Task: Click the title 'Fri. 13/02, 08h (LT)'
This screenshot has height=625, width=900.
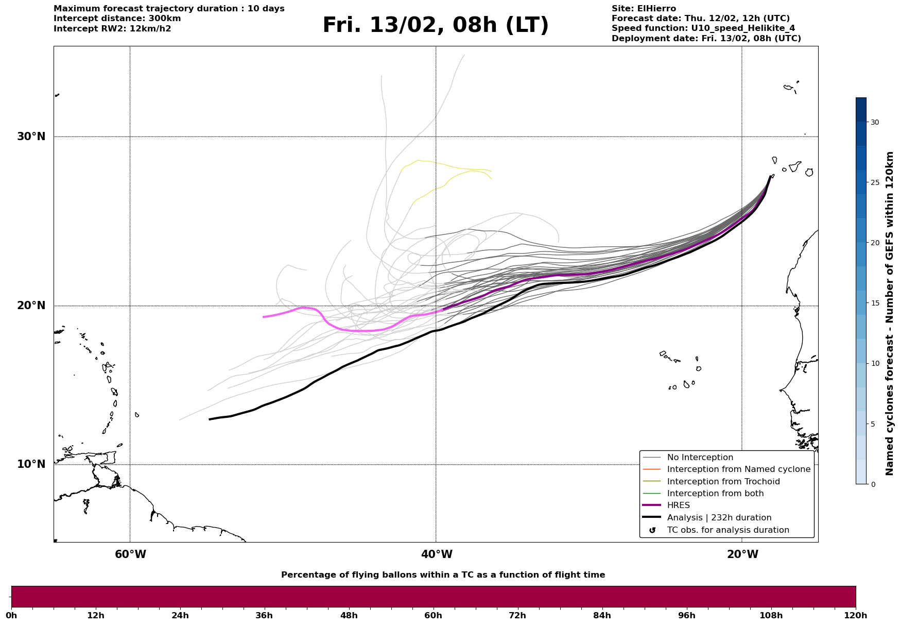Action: tap(436, 25)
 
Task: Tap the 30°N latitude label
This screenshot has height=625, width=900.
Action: tap(31, 137)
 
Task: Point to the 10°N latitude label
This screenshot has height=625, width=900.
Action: tap(31, 464)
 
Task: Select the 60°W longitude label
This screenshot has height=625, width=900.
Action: tap(130, 554)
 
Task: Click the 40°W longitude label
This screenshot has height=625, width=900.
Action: tap(437, 554)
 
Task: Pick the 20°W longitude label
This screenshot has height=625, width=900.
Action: tap(742, 554)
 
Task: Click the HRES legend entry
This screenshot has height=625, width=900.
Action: tap(678, 505)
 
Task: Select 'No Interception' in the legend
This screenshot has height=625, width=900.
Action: tap(700, 458)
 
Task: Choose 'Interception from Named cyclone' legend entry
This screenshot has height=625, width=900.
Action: tap(738, 469)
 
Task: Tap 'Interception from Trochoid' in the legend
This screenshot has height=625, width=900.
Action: tap(723, 482)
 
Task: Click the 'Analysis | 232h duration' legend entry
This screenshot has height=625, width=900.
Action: tap(719, 518)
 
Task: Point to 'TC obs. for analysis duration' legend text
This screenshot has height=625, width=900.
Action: tap(728, 530)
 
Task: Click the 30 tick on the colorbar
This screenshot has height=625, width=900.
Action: tap(875, 122)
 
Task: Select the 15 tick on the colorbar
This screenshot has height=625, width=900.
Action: tap(875, 303)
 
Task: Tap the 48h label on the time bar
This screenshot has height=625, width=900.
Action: tap(349, 615)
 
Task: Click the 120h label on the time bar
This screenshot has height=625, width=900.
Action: tap(856, 615)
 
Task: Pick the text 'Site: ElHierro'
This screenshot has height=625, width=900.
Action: tap(644, 9)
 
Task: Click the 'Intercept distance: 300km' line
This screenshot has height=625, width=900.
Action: tap(117, 19)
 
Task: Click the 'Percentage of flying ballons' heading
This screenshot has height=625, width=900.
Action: tap(443, 575)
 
